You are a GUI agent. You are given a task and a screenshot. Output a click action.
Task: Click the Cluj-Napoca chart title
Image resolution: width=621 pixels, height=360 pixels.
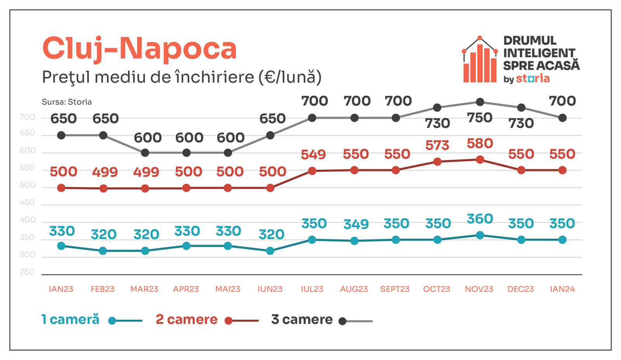pos(139,49)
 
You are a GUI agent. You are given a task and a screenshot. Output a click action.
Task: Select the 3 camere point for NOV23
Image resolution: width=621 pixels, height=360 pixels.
pos(480,102)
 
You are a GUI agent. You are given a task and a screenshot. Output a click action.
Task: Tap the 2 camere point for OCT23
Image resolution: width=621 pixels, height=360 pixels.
pos(437,162)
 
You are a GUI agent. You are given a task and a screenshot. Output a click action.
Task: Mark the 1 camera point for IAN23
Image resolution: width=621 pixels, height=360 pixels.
pos(61,246)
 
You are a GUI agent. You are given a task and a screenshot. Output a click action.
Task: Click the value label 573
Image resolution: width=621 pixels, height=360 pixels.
pos(437,146)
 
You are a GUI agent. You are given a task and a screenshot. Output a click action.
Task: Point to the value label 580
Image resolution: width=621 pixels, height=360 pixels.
pos(480,144)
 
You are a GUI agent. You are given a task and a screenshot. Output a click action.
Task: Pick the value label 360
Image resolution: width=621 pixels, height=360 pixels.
pos(480,219)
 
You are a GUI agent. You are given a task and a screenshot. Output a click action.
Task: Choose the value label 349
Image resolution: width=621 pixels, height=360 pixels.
pos(356,224)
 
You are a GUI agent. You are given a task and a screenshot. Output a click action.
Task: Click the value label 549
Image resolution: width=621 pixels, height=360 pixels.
pos(313,155)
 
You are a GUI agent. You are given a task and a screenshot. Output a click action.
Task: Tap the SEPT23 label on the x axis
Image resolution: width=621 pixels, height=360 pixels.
pos(395,289)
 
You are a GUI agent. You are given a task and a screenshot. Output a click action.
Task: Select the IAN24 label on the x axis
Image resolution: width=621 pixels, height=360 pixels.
pos(562,289)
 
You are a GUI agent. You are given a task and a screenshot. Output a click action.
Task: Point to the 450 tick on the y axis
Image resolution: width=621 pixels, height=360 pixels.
pos(27,203)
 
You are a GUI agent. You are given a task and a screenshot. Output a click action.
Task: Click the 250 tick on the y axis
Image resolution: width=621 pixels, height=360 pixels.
pos(27,272)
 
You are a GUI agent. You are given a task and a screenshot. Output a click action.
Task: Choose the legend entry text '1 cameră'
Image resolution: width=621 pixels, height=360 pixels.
pos(70,320)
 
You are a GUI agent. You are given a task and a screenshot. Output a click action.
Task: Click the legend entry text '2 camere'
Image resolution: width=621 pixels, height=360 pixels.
pos(186,320)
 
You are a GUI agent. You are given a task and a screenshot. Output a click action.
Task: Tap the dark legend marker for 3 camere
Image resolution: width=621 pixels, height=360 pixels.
pos(342,321)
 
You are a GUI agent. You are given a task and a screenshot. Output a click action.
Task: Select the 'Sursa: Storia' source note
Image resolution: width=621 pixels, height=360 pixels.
pos(67,102)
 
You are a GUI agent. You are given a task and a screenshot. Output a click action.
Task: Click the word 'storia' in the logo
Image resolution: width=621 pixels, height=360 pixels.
pos(533,79)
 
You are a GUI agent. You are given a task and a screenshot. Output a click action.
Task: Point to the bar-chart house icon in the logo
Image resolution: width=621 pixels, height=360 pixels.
pos(480,60)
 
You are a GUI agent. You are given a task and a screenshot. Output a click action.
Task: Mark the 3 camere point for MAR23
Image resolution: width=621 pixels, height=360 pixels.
pos(145,153)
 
